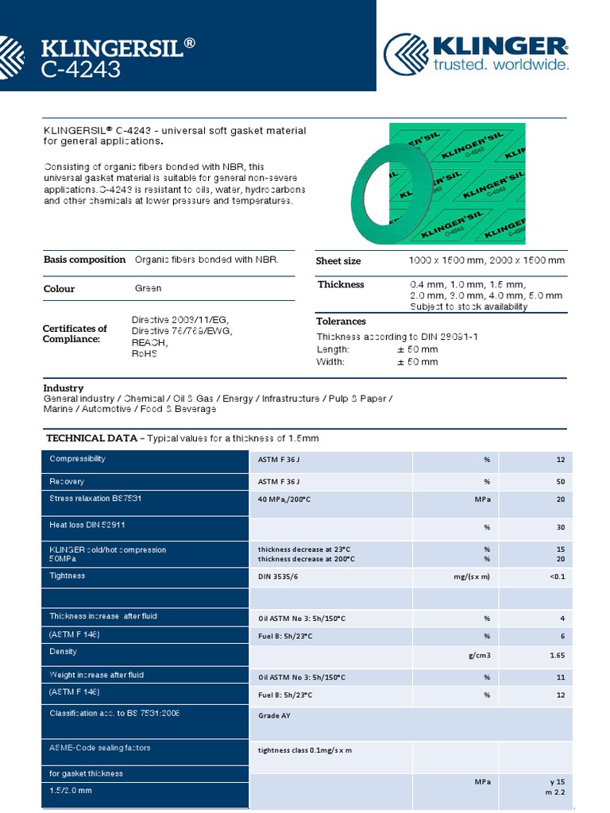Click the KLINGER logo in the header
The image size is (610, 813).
(477, 52)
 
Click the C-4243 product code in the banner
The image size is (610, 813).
(81, 70)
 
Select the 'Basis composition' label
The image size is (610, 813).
(84, 260)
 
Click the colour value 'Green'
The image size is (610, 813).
(148, 288)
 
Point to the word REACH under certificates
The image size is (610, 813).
(149, 342)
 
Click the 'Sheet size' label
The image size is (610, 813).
(338, 261)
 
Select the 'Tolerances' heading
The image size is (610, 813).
(341, 322)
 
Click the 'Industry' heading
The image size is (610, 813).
(63, 388)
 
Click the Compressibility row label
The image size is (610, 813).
(77, 459)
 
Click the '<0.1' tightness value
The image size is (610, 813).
(557, 576)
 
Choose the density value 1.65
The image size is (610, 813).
(557, 656)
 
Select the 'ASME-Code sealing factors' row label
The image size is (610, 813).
(100, 748)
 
